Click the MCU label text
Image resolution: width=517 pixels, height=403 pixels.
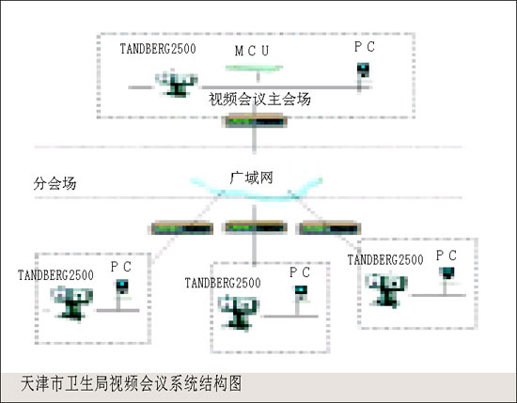point(252,51)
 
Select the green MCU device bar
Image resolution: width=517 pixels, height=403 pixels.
point(254,69)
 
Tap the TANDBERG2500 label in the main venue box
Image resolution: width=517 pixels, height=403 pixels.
point(158,49)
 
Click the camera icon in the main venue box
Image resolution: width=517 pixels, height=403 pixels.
point(177,84)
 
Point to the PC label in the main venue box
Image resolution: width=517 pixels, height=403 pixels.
point(365,47)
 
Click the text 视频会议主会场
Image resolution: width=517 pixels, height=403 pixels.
point(259,100)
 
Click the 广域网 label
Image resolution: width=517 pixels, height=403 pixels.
point(251,178)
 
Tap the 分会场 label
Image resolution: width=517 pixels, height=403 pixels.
point(55,183)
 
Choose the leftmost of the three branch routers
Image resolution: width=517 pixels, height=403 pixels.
point(182,228)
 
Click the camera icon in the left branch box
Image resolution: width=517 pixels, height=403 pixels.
point(71,303)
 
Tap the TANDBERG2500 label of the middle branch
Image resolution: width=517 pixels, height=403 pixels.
point(223,283)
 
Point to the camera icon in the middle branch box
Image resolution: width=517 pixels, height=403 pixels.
point(239,313)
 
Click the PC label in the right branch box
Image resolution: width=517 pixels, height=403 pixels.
point(446,256)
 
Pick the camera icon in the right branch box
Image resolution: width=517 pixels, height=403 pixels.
point(386,291)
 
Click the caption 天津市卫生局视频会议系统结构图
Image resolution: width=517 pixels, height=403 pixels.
point(132,383)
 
